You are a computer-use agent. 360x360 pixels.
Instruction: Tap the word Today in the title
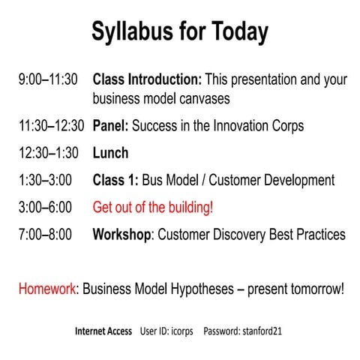point(237,33)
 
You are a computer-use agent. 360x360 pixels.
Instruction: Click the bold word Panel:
point(112,126)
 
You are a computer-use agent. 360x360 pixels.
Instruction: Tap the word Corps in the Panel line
point(286,126)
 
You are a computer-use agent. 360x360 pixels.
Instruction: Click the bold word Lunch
point(110,153)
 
